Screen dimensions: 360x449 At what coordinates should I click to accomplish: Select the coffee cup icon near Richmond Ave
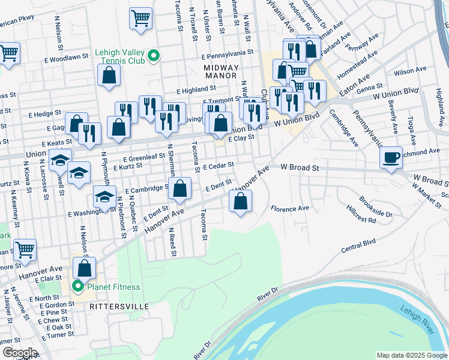tap(391, 157)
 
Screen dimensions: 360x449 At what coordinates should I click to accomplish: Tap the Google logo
tap(19, 353)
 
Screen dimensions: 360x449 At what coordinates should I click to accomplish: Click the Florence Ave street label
tap(289, 209)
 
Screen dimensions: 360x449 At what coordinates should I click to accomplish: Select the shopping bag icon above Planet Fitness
tap(85, 268)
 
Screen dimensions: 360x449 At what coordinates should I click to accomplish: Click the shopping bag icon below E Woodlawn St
tap(109, 75)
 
